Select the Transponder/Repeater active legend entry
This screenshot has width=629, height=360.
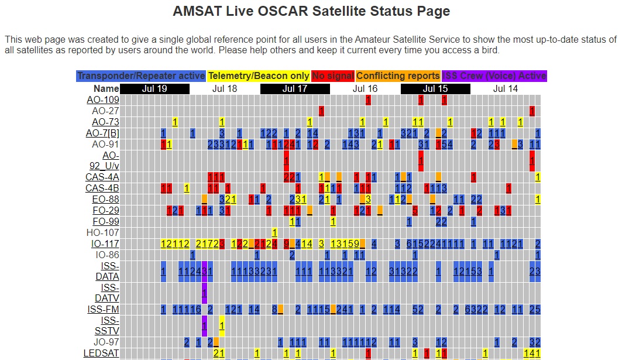click(x=141, y=76)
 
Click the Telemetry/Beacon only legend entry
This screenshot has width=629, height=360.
click(x=259, y=76)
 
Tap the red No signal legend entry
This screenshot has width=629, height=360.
click(x=332, y=76)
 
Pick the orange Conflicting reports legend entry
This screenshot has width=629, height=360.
click(x=398, y=76)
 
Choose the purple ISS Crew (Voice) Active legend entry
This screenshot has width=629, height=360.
click(x=494, y=76)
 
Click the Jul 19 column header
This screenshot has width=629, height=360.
click(x=154, y=89)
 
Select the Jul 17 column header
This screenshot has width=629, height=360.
click(x=295, y=89)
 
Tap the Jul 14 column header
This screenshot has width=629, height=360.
click(x=506, y=89)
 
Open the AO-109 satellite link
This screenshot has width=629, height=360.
click(x=103, y=100)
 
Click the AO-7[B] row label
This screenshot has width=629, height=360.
click(x=102, y=133)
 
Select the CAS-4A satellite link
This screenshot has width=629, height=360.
click(x=102, y=177)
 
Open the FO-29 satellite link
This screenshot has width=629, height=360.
click(x=105, y=211)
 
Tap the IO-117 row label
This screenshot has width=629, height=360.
click(x=105, y=244)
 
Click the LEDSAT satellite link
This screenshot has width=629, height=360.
click(x=101, y=354)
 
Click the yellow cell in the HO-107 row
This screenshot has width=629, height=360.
click(x=274, y=233)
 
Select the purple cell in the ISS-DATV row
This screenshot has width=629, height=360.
click(x=204, y=293)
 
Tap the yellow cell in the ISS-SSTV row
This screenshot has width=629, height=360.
click(x=222, y=326)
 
